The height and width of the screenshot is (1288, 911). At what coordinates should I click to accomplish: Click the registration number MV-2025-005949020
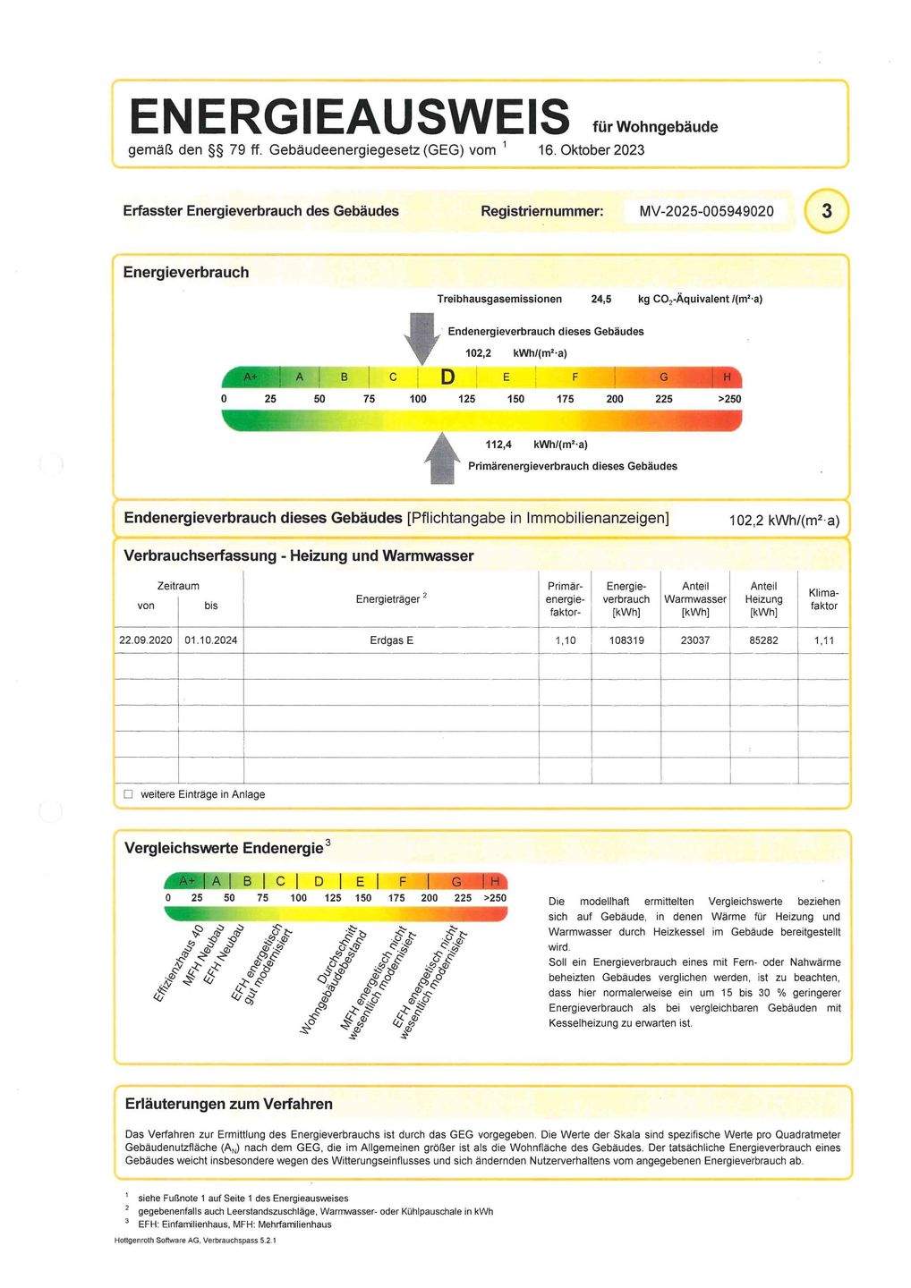707,212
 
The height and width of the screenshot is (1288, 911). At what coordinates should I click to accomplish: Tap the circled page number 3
826,212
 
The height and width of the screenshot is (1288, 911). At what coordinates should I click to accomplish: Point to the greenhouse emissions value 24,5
601,299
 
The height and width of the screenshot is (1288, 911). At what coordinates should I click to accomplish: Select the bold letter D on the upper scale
447,377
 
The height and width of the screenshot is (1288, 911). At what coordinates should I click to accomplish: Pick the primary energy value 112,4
498,445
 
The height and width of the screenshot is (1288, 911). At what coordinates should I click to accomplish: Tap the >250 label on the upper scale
728,399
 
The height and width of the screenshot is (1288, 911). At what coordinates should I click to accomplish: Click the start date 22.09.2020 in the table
146,640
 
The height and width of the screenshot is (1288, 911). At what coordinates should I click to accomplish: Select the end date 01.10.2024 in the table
211,640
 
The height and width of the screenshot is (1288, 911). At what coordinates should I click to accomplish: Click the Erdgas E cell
391,640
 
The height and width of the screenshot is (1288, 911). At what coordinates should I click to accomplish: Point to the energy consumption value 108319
626,640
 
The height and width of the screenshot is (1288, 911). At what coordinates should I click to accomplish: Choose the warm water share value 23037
695,640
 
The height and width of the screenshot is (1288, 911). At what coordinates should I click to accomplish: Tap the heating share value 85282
763,640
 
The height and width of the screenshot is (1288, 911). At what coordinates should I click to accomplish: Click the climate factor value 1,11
823,640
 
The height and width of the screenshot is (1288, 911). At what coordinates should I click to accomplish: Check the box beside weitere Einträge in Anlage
128,794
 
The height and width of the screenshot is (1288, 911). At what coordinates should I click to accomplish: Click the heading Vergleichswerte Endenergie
224,848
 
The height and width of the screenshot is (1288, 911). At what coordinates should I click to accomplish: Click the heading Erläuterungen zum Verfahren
228,1104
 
